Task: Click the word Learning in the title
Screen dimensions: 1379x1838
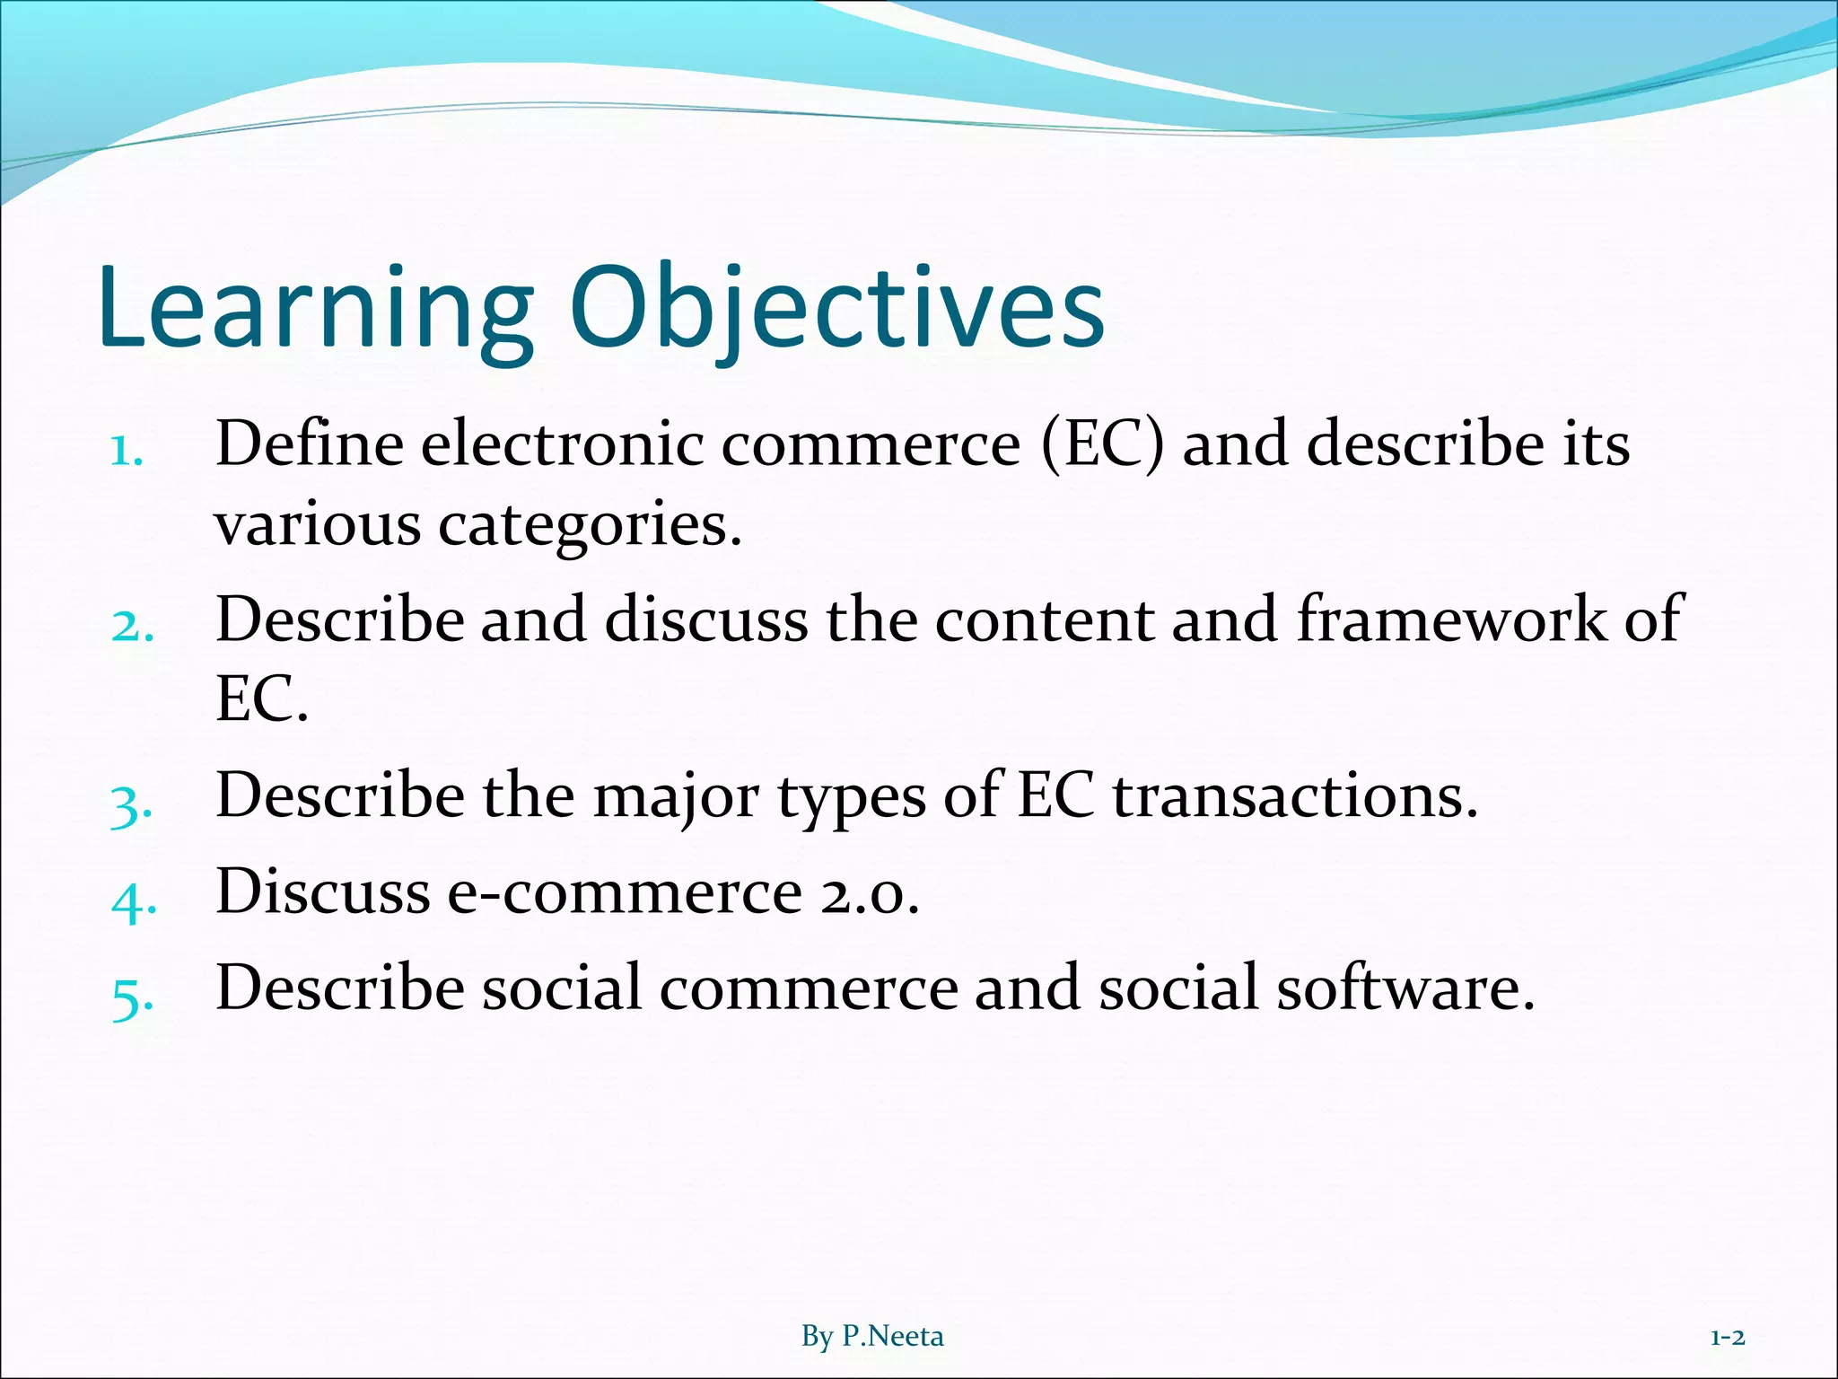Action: click(x=314, y=310)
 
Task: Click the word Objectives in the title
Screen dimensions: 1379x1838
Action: click(x=836, y=310)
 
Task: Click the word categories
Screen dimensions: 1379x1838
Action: click(x=590, y=524)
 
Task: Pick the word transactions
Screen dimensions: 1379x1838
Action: click(x=1294, y=795)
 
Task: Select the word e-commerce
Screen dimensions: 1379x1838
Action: click(x=624, y=892)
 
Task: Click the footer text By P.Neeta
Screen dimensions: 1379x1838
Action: click(x=872, y=1337)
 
